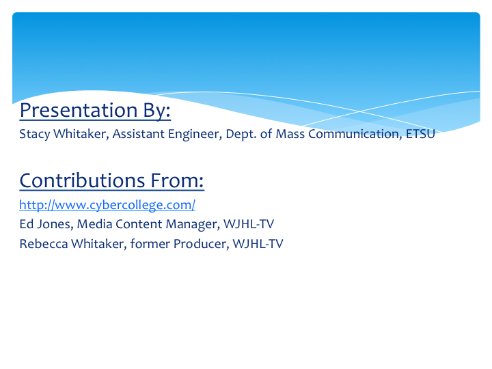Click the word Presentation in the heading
pyautogui.click(x=79, y=110)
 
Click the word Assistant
pyautogui.click(x=138, y=134)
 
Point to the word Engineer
pyautogui.click(x=195, y=135)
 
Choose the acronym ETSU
pyautogui.click(x=420, y=134)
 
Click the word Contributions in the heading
pyautogui.click(x=82, y=180)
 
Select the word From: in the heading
pyautogui.click(x=177, y=180)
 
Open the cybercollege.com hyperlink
pyautogui.click(x=107, y=205)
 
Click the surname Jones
pyautogui.click(x=55, y=224)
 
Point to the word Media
pyautogui.click(x=94, y=224)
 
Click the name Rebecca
pyautogui.click(x=44, y=244)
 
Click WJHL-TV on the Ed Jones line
pyautogui.click(x=249, y=224)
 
